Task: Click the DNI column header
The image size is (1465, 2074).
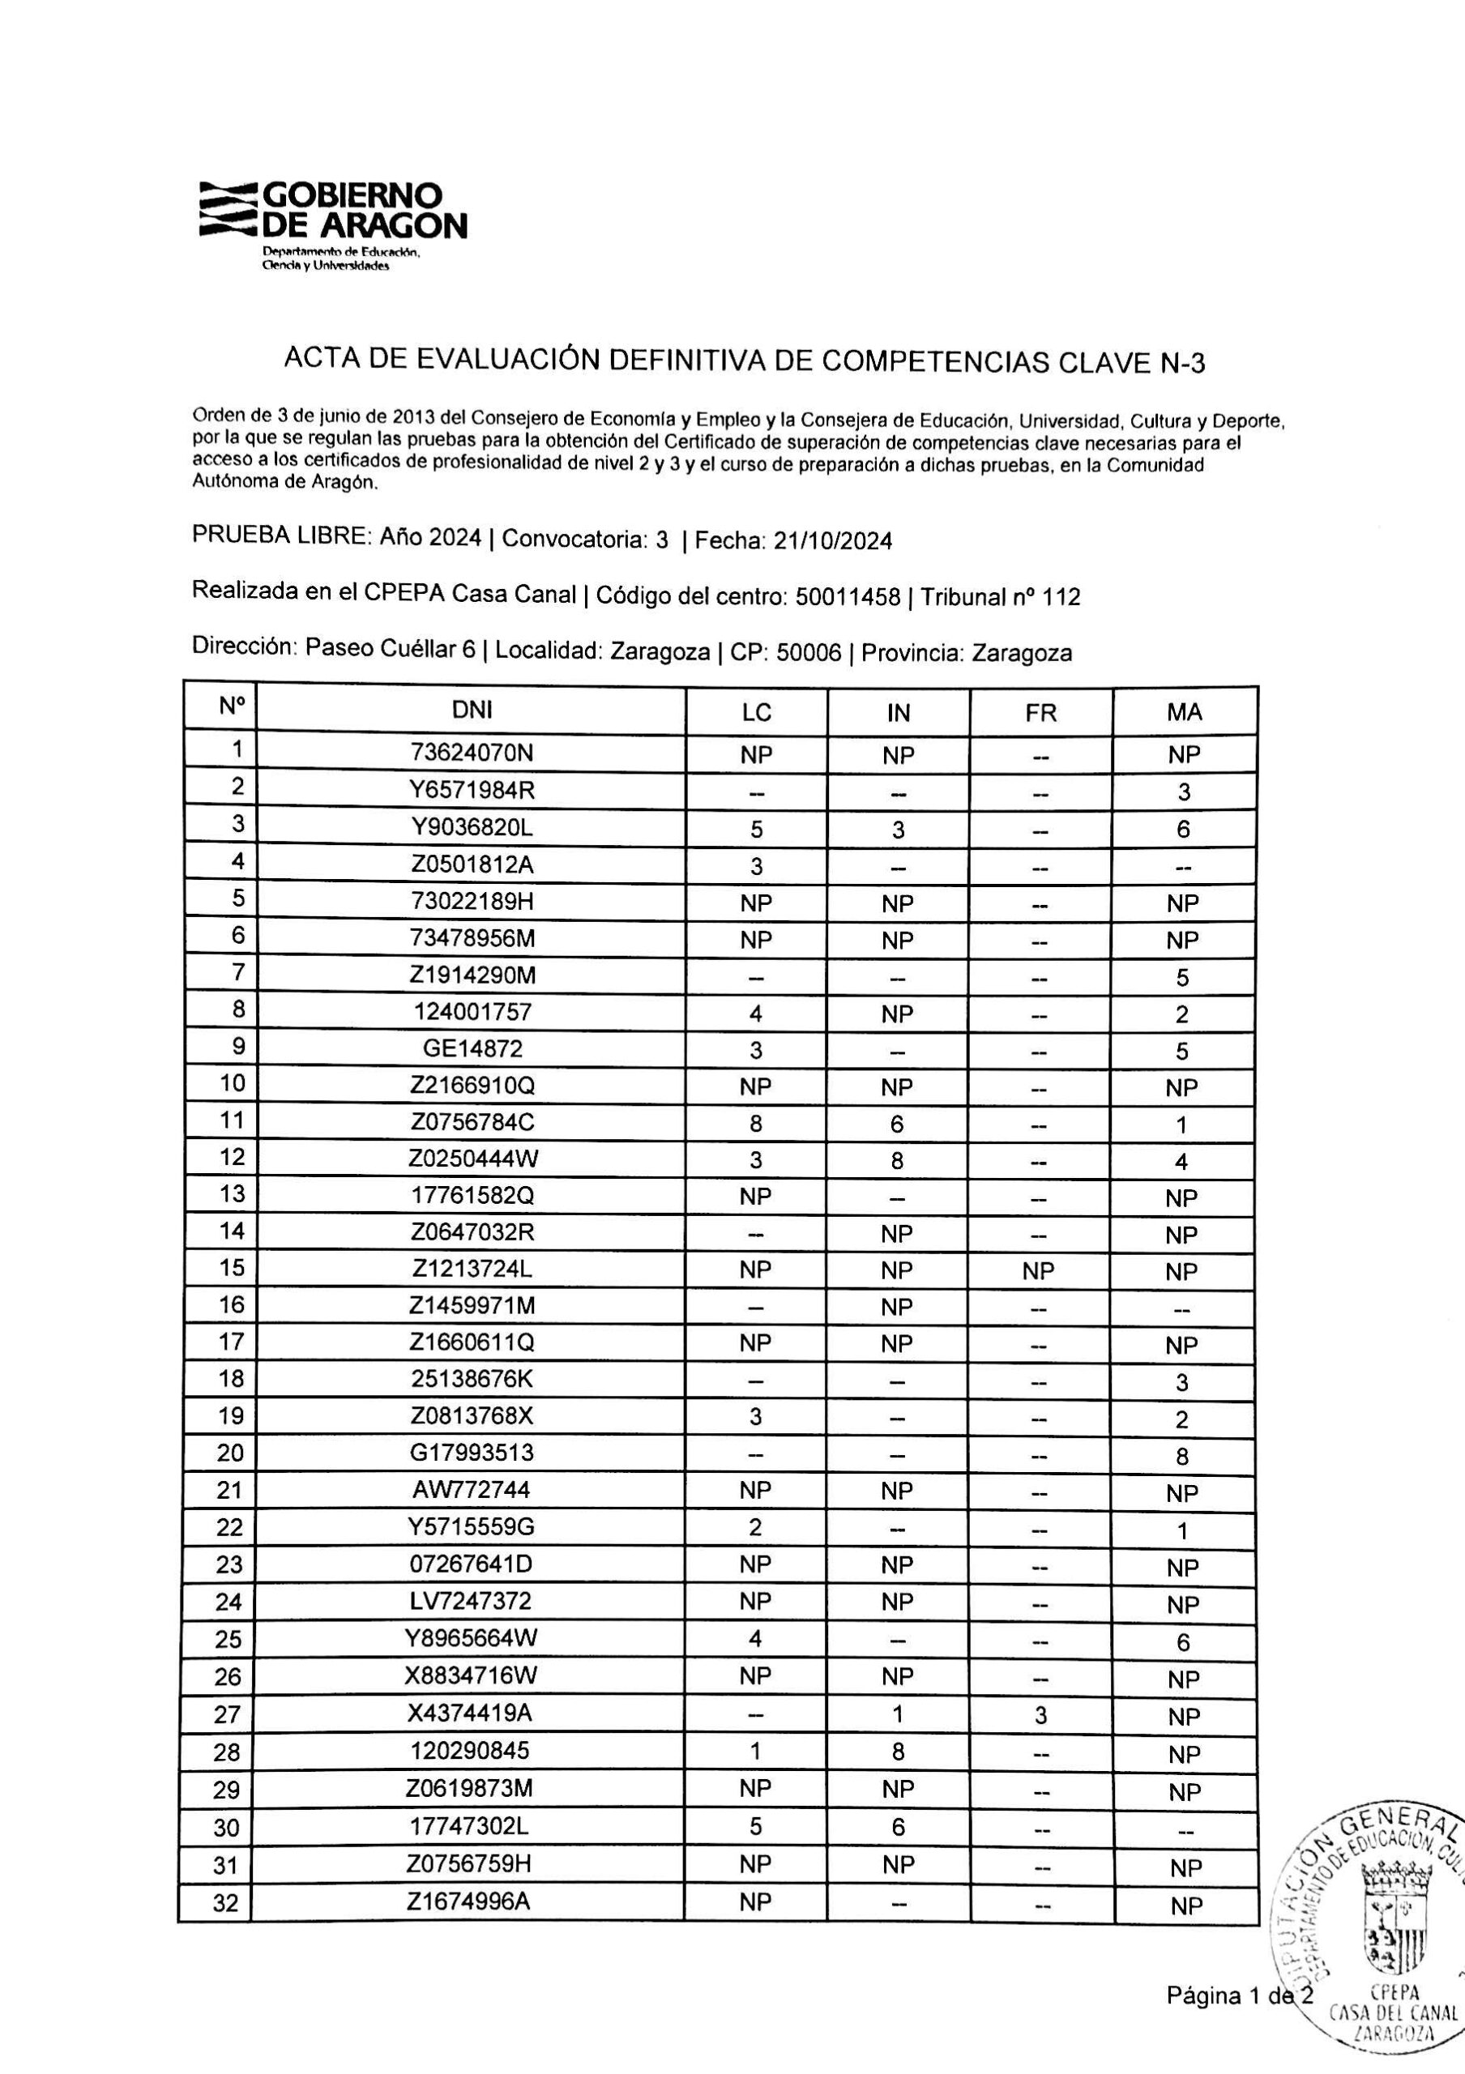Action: coord(472,710)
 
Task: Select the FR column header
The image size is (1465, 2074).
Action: coord(1040,713)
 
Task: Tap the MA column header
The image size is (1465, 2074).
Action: coord(1184,713)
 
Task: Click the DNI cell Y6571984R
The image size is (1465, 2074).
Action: coord(472,789)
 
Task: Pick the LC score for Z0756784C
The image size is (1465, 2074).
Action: coord(756,1124)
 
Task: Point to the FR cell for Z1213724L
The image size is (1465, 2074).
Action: coord(1039,1271)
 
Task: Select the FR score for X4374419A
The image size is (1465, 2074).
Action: coord(1040,1715)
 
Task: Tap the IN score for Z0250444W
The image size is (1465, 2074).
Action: coord(897,1161)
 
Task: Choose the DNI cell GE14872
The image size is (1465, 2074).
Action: coord(472,1048)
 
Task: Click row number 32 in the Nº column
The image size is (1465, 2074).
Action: coord(226,1928)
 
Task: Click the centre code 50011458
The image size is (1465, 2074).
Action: coord(848,597)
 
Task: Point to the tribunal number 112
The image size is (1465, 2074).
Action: coord(1061,597)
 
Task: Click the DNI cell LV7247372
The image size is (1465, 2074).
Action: coord(472,1602)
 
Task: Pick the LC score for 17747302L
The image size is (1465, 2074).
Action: coord(756,1826)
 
